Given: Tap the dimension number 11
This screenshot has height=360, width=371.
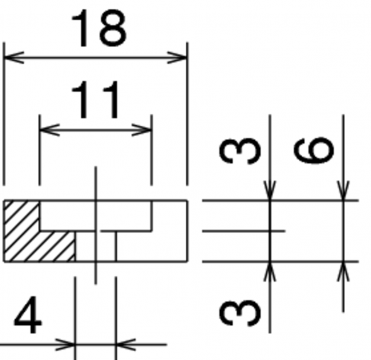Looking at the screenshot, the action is pyautogui.click(x=95, y=100).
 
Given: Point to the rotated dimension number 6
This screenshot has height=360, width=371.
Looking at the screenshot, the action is pyautogui.click(x=314, y=150).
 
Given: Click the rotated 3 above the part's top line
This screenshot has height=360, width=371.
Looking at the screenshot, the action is pyautogui.click(x=240, y=151).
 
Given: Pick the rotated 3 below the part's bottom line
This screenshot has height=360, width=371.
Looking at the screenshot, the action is pyautogui.click(x=240, y=313).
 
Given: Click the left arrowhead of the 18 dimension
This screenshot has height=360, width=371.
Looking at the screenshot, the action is pyautogui.click(x=14, y=57).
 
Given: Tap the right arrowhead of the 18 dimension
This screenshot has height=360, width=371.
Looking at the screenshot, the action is pyautogui.click(x=177, y=57).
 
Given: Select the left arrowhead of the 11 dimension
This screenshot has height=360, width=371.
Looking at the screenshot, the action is pyautogui.click(x=50, y=129).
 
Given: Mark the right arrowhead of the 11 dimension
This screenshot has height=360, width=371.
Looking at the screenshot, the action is pyautogui.click(x=141, y=129).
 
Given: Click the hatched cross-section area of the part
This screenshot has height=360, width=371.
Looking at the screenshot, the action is pyautogui.click(x=30, y=238).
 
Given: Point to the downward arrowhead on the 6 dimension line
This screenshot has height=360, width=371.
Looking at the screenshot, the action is pyautogui.click(x=343, y=190).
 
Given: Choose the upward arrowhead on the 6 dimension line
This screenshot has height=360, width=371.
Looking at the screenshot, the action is pyautogui.click(x=343, y=271).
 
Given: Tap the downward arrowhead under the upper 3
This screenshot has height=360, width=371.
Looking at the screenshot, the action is pyautogui.click(x=270, y=190).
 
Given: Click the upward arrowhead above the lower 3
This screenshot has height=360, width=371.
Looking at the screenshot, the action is pyautogui.click(x=270, y=271).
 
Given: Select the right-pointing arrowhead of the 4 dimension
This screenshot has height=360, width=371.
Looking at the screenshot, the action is pyautogui.click(x=65, y=344).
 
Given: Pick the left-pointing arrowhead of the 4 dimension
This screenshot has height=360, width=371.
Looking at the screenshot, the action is pyautogui.click(x=126, y=344).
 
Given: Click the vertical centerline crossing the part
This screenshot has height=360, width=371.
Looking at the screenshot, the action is pyautogui.click(x=96, y=225).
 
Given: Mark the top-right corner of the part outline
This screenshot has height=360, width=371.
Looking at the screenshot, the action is pyautogui.click(x=187, y=200).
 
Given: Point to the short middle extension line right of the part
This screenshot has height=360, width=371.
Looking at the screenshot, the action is pyautogui.click(x=244, y=231).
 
